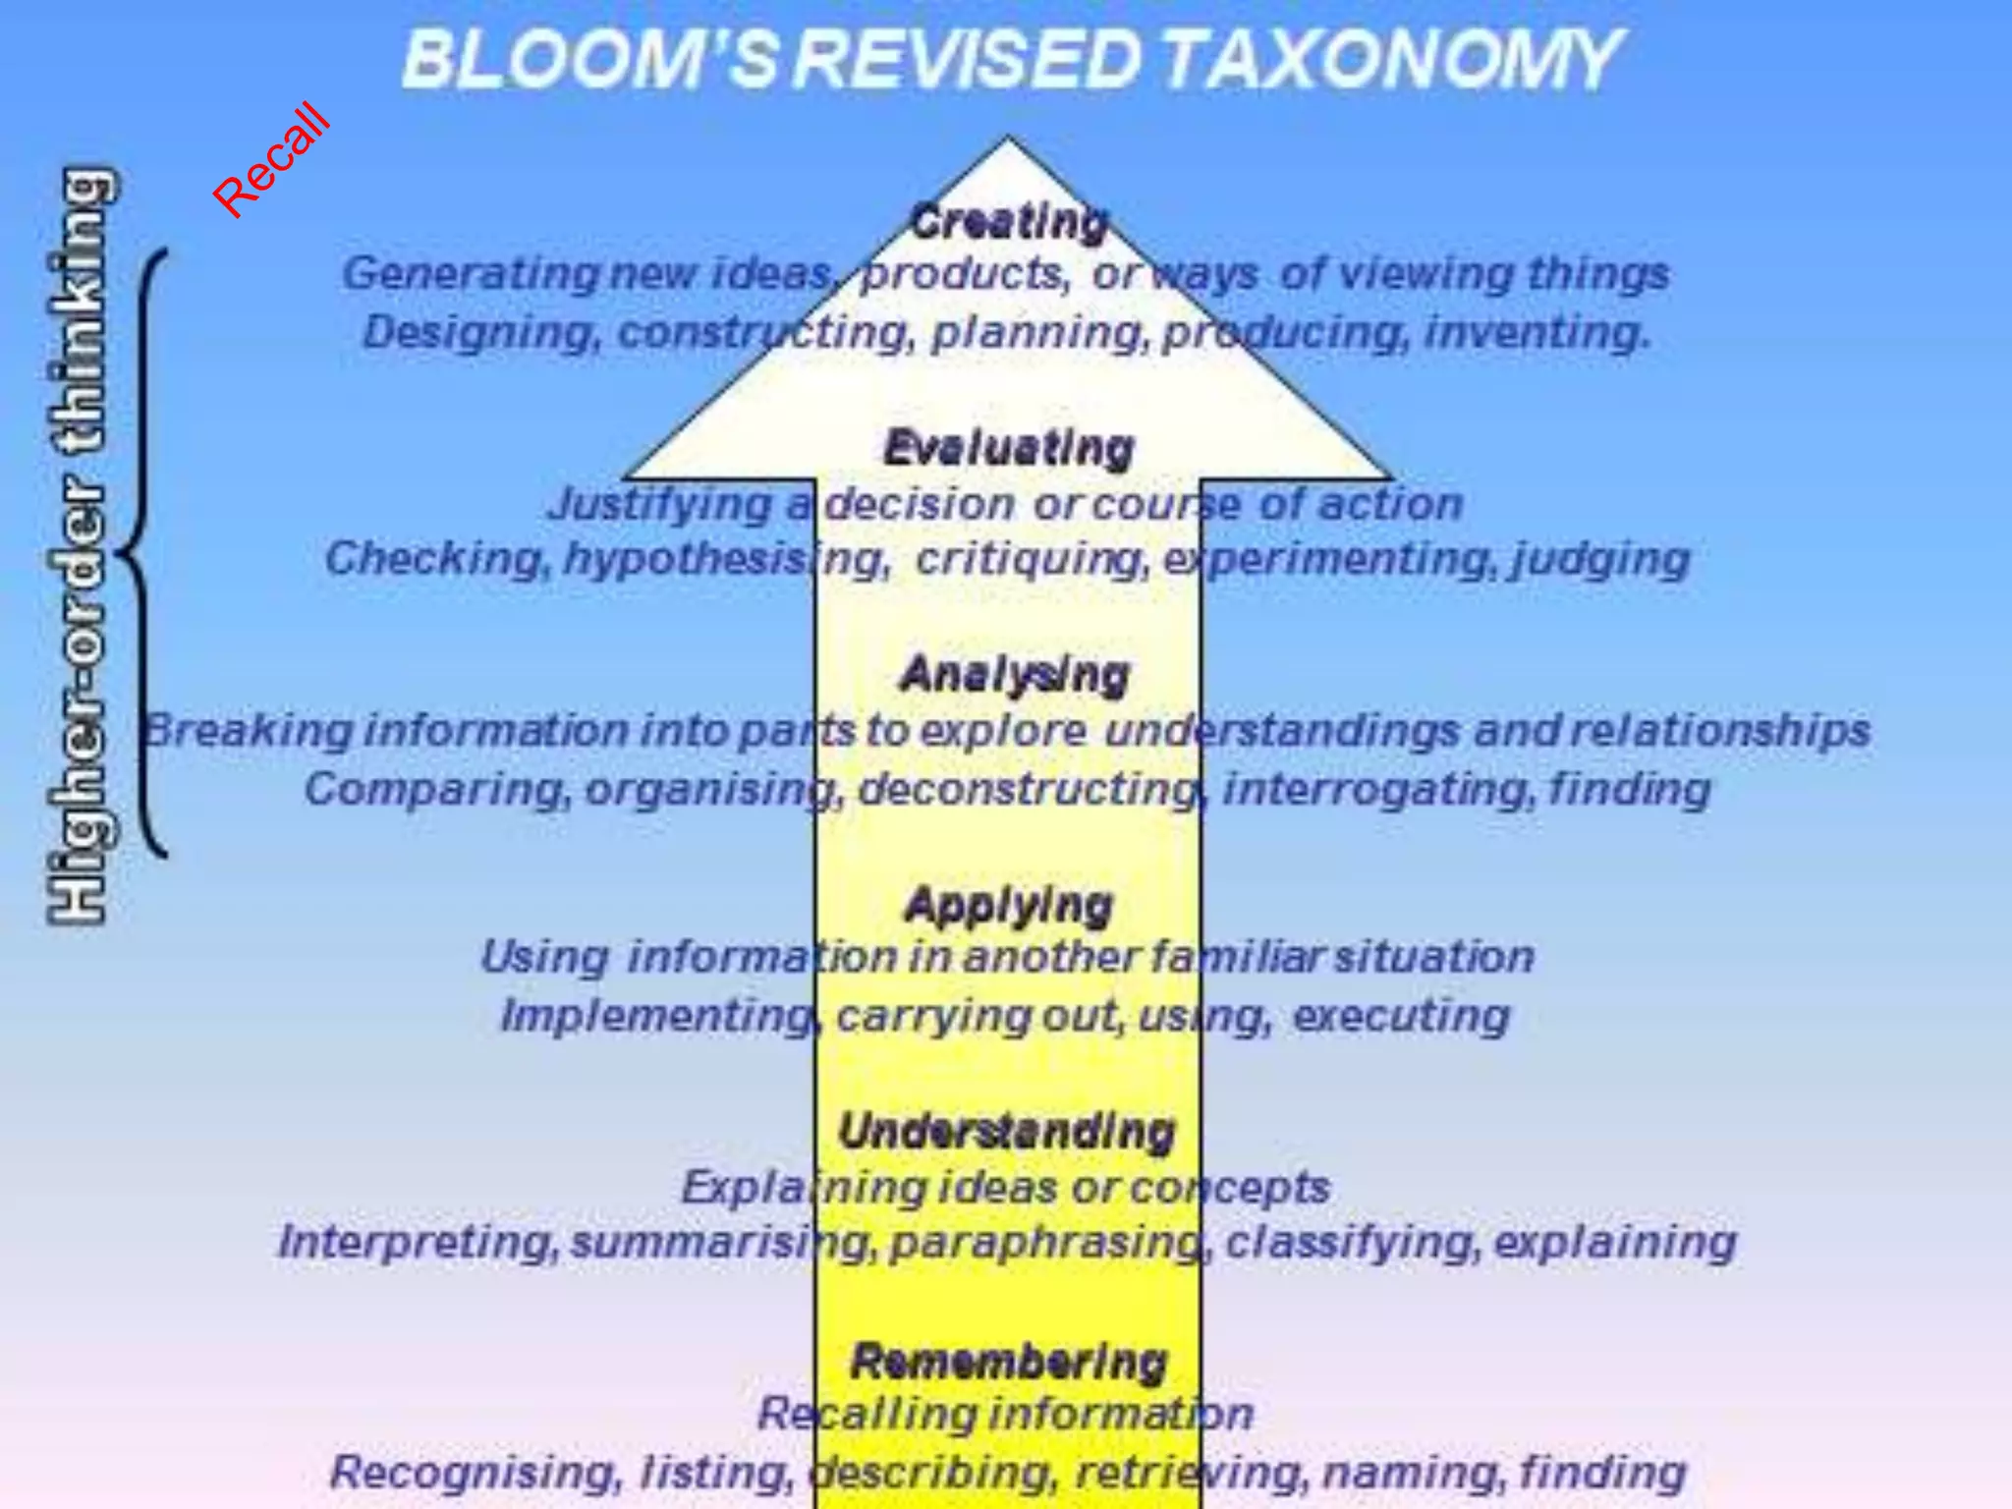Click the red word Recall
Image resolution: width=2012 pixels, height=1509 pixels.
pos(271,159)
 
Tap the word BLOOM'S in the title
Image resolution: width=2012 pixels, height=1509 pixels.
pos(588,59)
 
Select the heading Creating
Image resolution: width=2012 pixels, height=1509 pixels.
pos(1009,221)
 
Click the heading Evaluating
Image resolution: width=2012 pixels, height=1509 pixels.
pos(1009,448)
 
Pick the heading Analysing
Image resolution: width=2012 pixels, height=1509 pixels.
pos(1014,675)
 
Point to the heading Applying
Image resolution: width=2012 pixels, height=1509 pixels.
pos(1009,905)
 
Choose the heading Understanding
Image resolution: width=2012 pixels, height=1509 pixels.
pos(1007,1131)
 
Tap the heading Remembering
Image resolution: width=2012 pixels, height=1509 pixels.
pos(1009,1362)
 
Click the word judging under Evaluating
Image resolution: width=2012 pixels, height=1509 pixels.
pos(1600,559)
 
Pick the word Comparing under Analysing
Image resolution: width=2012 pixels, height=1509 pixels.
pos(436,789)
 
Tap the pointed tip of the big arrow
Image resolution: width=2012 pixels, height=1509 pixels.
pos(1007,143)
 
